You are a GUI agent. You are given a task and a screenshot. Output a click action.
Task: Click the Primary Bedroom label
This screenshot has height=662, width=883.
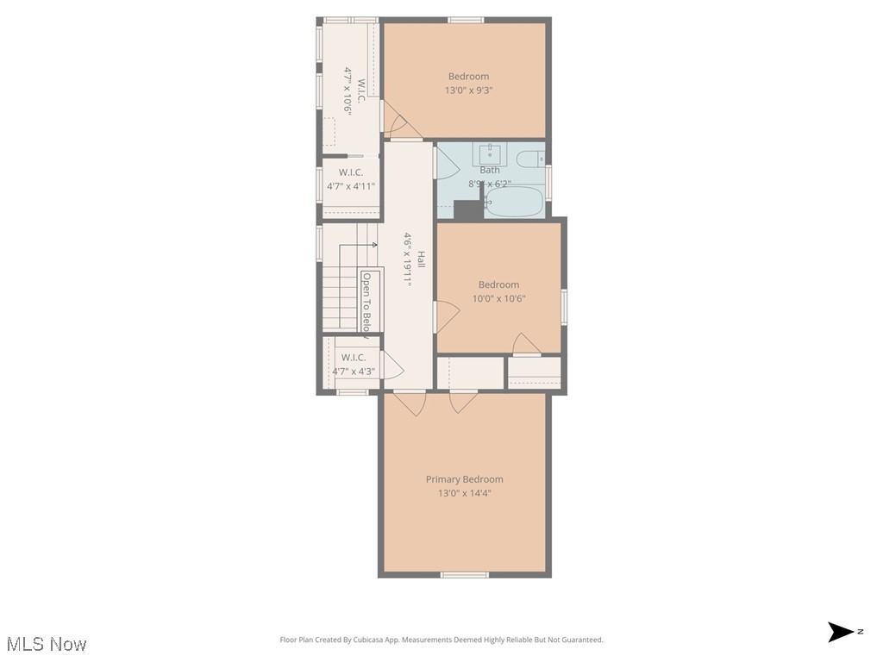[464, 479]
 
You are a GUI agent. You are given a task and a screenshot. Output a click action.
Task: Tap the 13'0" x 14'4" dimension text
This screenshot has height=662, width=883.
[464, 494]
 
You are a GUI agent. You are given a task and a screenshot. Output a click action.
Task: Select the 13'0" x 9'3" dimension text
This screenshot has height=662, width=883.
[468, 91]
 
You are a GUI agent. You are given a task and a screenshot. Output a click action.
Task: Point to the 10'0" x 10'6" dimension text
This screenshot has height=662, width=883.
[498, 299]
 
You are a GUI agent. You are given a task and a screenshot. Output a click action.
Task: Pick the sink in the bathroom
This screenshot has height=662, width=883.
[489, 154]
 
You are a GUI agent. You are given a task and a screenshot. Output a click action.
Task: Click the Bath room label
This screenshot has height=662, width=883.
[489, 170]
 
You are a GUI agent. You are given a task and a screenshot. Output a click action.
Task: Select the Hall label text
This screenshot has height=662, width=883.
[422, 259]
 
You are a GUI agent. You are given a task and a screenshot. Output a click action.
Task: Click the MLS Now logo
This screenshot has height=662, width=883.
[47, 644]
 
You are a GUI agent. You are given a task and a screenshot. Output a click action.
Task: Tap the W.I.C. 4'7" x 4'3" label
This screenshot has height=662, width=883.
[354, 365]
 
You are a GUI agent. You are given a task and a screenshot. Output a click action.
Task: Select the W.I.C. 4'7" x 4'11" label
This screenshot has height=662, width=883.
[351, 179]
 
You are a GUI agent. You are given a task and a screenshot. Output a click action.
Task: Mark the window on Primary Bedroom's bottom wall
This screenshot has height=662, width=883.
[464, 574]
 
